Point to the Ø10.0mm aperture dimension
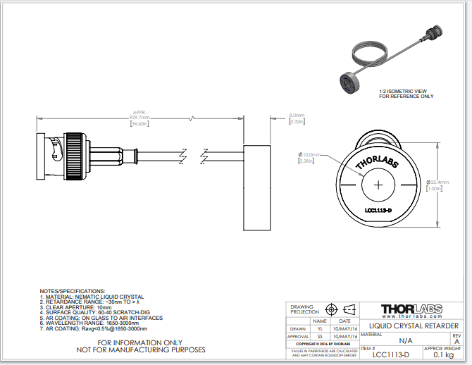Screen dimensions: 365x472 [x=309, y=154]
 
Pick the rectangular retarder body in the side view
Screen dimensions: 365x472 [x=257, y=187]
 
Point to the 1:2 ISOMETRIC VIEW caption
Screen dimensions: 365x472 [x=404, y=92]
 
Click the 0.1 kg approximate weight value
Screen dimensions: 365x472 [x=442, y=355]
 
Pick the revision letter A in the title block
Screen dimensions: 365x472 [x=457, y=341]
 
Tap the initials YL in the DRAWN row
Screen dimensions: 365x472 [x=320, y=328]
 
